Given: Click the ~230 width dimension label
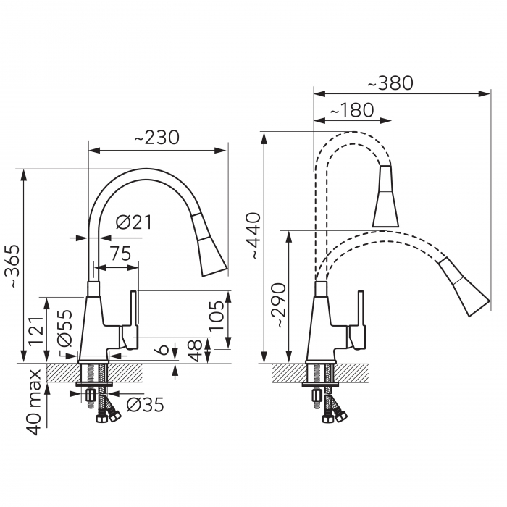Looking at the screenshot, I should tap(157, 137).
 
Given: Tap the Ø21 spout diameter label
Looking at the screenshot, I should tap(134, 223).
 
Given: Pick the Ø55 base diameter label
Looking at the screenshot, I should tap(64, 328).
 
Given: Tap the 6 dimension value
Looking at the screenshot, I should tap(164, 350).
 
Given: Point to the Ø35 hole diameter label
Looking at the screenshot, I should tap(145, 405).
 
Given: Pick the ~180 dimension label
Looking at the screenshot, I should tap(351, 110).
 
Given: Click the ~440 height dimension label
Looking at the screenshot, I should tap(253, 237).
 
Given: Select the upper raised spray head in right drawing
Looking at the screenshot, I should tap(385, 197).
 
